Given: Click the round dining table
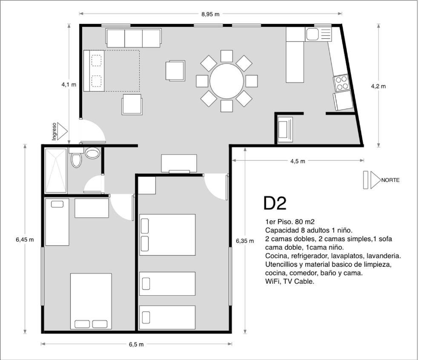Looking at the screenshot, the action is [x=227, y=81].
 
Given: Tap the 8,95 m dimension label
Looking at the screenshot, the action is [x=210, y=14].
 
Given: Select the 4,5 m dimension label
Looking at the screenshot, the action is [x=298, y=161].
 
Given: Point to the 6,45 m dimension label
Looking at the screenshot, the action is [x=25, y=239].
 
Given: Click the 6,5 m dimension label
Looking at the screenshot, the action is [x=136, y=344].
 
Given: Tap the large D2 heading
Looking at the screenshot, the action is [x=275, y=203].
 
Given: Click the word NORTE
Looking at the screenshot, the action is [x=390, y=180].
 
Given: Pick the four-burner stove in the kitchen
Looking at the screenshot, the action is [x=341, y=83].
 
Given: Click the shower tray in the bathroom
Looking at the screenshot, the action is [x=56, y=170].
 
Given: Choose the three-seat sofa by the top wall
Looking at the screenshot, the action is [x=133, y=38].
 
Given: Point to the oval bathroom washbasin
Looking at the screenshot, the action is [x=92, y=153].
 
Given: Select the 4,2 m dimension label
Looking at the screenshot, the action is [x=378, y=86].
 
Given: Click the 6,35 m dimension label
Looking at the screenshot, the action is [x=245, y=241].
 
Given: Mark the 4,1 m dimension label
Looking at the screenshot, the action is [x=69, y=85].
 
